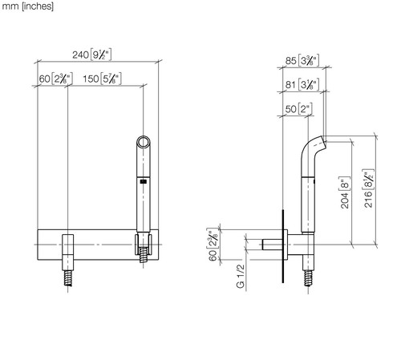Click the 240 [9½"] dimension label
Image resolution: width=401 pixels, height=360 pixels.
91,55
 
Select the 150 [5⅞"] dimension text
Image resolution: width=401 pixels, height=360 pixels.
102,79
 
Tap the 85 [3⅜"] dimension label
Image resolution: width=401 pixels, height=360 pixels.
302,61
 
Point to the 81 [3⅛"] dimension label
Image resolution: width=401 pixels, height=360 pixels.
302,85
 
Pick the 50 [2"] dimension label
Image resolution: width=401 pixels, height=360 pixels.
298,109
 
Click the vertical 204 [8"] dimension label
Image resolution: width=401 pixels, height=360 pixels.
344,192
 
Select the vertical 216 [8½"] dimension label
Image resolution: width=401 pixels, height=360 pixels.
368,188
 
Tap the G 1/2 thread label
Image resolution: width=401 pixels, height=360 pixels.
241,276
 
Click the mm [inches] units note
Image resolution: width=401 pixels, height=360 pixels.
27,6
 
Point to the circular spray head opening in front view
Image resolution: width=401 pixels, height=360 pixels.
144,142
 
